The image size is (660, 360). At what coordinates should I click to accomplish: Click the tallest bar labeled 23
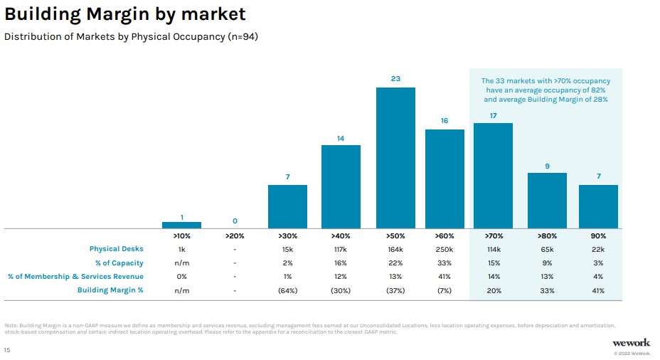click(395, 157)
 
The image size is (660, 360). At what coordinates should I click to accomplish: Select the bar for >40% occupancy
click(341, 186)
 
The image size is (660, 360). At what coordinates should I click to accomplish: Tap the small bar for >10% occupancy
click(181, 225)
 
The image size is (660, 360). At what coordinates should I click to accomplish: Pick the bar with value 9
click(547, 200)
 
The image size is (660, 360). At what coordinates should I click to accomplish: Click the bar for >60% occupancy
click(445, 179)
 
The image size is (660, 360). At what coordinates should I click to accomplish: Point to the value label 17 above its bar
click(493, 115)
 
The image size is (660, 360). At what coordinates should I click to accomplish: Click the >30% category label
click(287, 235)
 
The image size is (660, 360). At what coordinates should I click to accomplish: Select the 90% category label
click(598, 235)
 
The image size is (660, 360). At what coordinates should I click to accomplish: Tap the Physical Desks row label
click(116, 249)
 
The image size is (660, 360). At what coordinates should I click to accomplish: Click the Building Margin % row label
click(110, 290)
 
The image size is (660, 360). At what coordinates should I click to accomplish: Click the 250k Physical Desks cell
click(445, 249)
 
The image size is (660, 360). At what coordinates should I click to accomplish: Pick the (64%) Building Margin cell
click(287, 290)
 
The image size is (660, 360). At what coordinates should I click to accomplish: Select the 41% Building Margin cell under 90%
click(598, 290)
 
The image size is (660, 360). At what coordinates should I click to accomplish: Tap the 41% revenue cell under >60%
click(445, 277)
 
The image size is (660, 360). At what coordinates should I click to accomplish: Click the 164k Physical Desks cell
click(395, 249)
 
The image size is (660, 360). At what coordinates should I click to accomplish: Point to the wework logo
click(631, 342)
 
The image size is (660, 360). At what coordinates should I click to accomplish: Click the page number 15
click(7, 350)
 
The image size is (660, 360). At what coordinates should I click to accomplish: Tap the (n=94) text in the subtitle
click(243, 37)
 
